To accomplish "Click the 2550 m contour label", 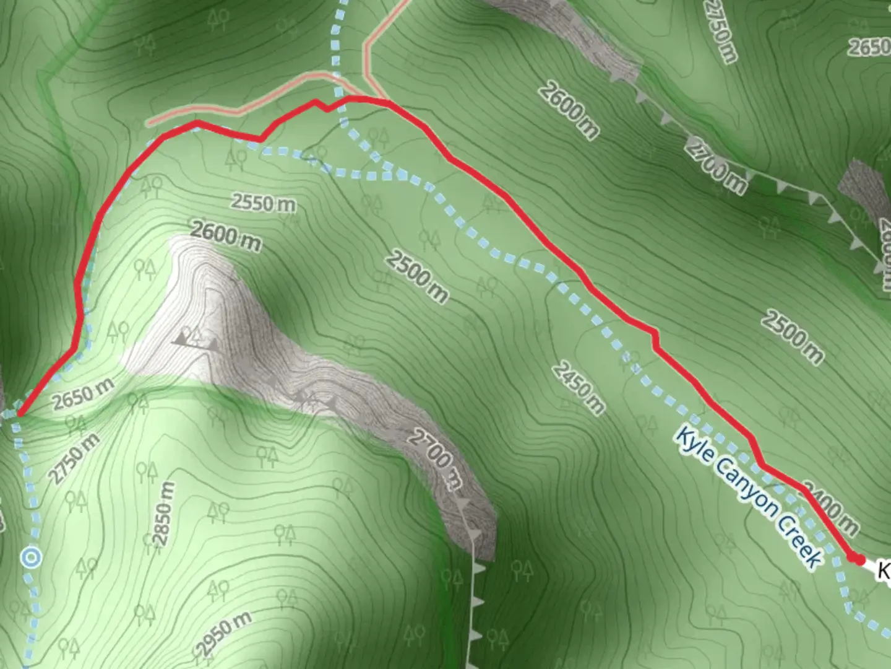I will (x=264, y=203).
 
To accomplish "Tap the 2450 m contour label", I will (x=577, y=388).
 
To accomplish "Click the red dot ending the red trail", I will (x=858, y=559).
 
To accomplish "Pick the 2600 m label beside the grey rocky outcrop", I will (x=226, y=237).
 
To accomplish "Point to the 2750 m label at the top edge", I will (x=721, y=31).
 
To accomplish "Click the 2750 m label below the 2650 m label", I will (x=74, y=457).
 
